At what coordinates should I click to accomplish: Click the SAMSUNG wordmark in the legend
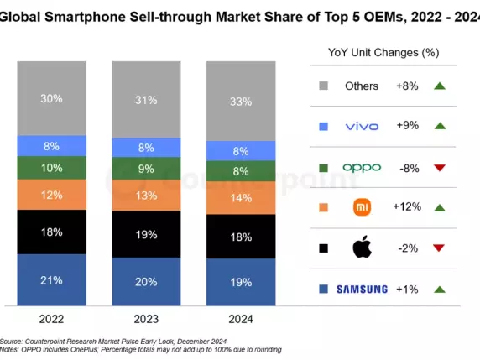pos(362,290)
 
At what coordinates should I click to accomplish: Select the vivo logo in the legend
pos(362,127)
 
